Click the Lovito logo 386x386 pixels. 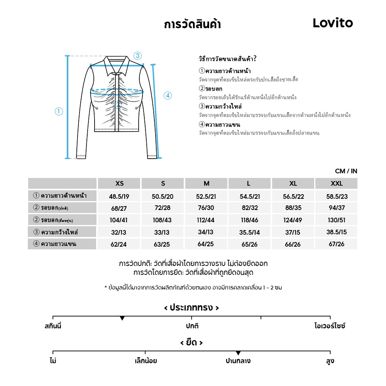[333, 23]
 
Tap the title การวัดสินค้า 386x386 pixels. [192, 25]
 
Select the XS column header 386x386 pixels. [120, 183]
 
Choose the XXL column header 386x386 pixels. [336, 183]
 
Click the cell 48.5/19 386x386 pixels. [119, 196]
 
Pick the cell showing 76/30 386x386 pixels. [206, 208]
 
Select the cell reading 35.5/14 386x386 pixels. [250, 232]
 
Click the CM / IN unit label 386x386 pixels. [346, 171]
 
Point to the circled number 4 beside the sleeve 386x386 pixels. [168, 96]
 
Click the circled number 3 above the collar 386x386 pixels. [138, 55]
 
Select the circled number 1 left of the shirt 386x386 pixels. [59, 112]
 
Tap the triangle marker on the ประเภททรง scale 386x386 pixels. [122, 318]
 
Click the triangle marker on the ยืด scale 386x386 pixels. [238, 353]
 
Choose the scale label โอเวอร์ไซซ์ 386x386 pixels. [330, 326]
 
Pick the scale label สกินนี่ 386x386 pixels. [53, 326]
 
